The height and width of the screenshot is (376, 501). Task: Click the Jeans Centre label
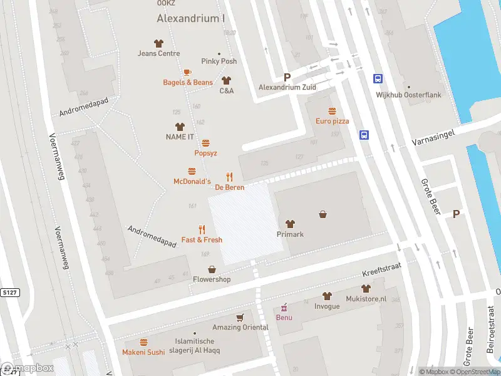(x=158, y=53)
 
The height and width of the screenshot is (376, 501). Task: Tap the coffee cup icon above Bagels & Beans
(x=187, y=73)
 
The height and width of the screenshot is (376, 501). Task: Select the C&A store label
(x=226, y=91)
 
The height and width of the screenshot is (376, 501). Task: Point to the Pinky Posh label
(x=219, y=61)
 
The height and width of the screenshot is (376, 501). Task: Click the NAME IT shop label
(x=180, y=137)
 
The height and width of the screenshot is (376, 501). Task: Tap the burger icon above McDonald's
(x=192, y=171)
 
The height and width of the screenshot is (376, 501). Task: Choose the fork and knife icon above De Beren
(x=229, y=177)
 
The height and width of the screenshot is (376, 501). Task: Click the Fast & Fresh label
(x=202, y=239)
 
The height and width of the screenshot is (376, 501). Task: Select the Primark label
(x=290, y=234)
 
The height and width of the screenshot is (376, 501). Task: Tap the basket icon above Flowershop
(x=212, y=269)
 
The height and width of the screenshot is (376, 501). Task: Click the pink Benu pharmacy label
(x=284, y=316)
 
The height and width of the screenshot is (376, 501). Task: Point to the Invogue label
(x=327, y=306)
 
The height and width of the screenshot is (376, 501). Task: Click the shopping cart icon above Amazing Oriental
(x=239, y=318)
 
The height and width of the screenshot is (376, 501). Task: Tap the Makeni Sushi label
(x=143, y=352)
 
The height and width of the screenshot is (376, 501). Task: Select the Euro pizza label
(x=332, y=121)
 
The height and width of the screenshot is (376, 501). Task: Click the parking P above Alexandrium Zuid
(x=287, y=77)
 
